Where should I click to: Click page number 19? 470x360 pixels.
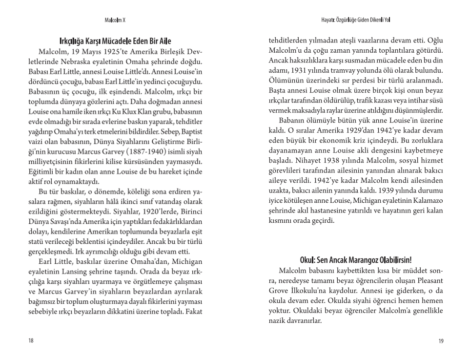point(441,341)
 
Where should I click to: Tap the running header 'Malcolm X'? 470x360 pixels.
point(116,20)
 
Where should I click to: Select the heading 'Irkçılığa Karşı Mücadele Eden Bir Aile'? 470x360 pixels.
point(115,42)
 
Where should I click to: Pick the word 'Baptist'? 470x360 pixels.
point(189,132)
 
